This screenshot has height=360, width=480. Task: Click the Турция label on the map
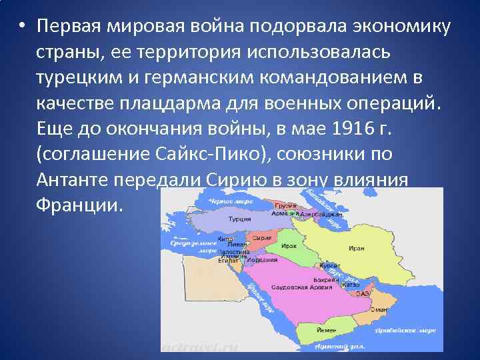coord(239,218)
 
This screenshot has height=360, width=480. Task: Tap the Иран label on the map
coord(356,248)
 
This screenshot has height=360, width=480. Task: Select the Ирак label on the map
coord(289,246)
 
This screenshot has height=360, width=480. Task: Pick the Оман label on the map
coord(379,309)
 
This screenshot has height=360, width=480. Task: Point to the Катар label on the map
coord(351,284)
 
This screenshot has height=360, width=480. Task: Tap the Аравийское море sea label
coord(414,330)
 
